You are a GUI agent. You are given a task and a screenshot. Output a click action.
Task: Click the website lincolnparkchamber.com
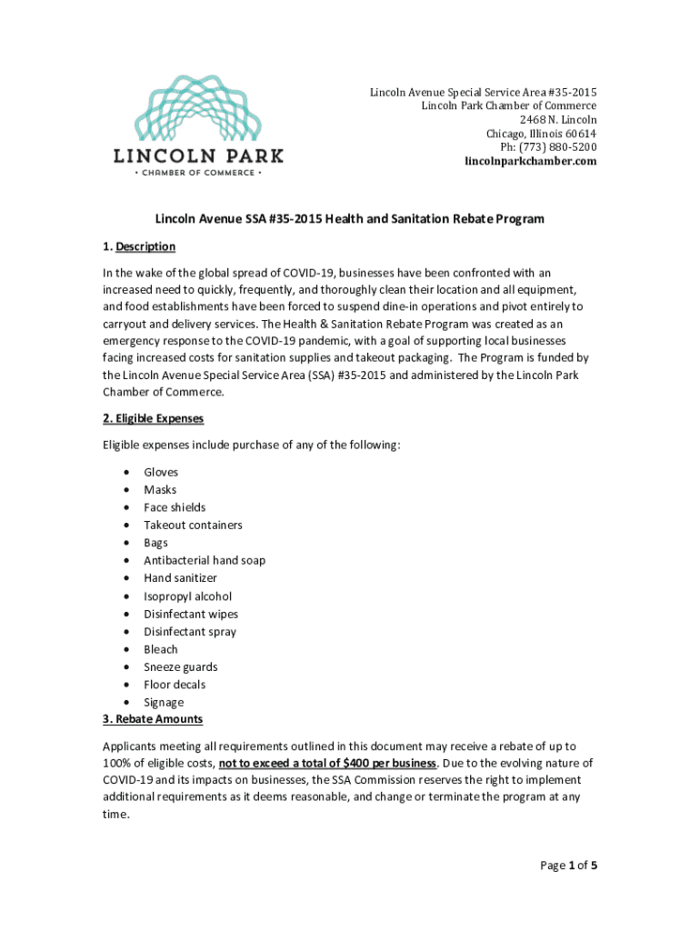531,161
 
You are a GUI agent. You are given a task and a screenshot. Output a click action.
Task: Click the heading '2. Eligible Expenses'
153,418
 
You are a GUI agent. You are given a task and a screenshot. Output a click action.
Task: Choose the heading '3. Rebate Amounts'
153,719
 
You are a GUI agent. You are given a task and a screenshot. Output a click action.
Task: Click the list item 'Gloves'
161,472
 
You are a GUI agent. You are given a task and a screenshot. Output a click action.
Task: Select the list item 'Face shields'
175,507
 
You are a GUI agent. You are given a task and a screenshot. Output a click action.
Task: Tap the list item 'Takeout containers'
193,525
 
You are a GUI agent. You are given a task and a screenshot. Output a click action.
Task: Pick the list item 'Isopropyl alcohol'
187,596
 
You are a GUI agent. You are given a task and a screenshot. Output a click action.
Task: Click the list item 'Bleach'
161,649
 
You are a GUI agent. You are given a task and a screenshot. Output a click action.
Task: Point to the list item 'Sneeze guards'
181,666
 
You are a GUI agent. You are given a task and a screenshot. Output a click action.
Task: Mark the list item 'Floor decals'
175,685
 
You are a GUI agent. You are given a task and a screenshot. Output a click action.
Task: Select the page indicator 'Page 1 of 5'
568,866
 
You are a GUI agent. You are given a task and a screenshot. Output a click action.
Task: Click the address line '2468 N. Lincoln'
558,120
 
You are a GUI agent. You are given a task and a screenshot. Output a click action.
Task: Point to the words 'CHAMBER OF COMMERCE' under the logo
198,173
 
